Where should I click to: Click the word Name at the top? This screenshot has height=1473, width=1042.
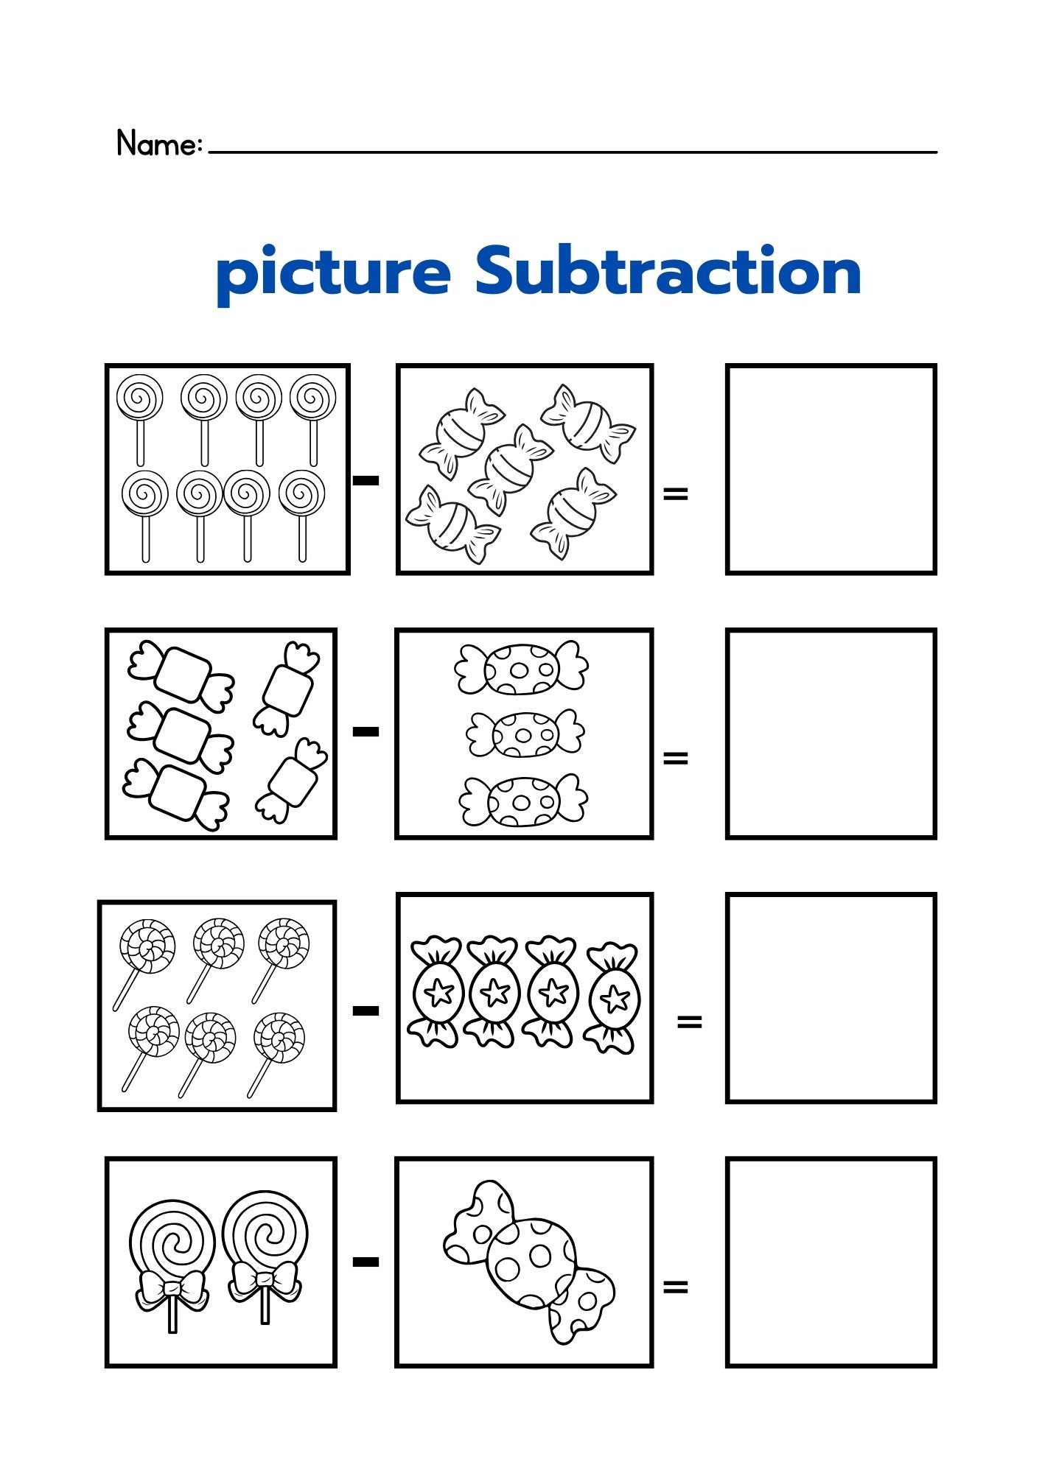[158, 144]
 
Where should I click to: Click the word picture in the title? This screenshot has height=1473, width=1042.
[333, 273]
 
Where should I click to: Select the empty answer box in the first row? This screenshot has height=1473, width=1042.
[831, 469]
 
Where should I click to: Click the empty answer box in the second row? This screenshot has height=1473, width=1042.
[831, 734]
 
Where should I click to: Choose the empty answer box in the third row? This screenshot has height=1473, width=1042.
[831, 998]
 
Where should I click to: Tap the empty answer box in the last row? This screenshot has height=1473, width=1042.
[831, 1262]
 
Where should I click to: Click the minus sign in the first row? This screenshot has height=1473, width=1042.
[366, 481]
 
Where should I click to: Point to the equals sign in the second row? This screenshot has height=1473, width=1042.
[675, 757]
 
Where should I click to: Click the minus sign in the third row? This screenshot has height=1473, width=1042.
[366, 1010]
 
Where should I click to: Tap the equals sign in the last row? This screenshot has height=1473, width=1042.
[675, 1287]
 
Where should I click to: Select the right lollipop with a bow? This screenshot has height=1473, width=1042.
[265, 1252]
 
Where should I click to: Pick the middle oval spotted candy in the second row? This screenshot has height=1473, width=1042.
[525, 734]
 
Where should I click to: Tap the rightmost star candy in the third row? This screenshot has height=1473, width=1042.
[612, 998]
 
